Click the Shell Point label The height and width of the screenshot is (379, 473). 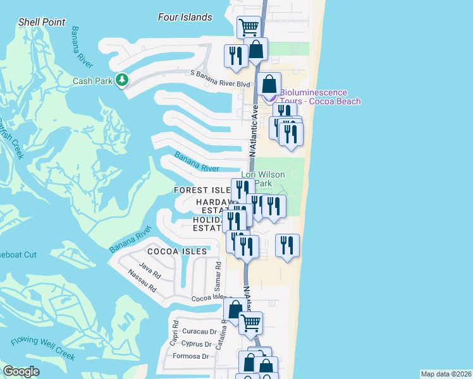tap(42, 22)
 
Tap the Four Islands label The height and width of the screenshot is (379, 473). tap(185, 17)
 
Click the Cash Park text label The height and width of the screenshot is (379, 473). tap(92, 81)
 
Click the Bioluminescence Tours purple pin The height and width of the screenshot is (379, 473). tap(269, 96)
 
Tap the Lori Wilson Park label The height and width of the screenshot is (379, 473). tap(262, 179)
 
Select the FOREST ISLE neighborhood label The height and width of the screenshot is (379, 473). tap(202, 190)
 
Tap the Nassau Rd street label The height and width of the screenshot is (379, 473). tap(142, 282)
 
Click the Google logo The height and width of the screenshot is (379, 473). tap(21, 371)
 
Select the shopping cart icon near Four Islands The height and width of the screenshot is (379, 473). tap(249, 27)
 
